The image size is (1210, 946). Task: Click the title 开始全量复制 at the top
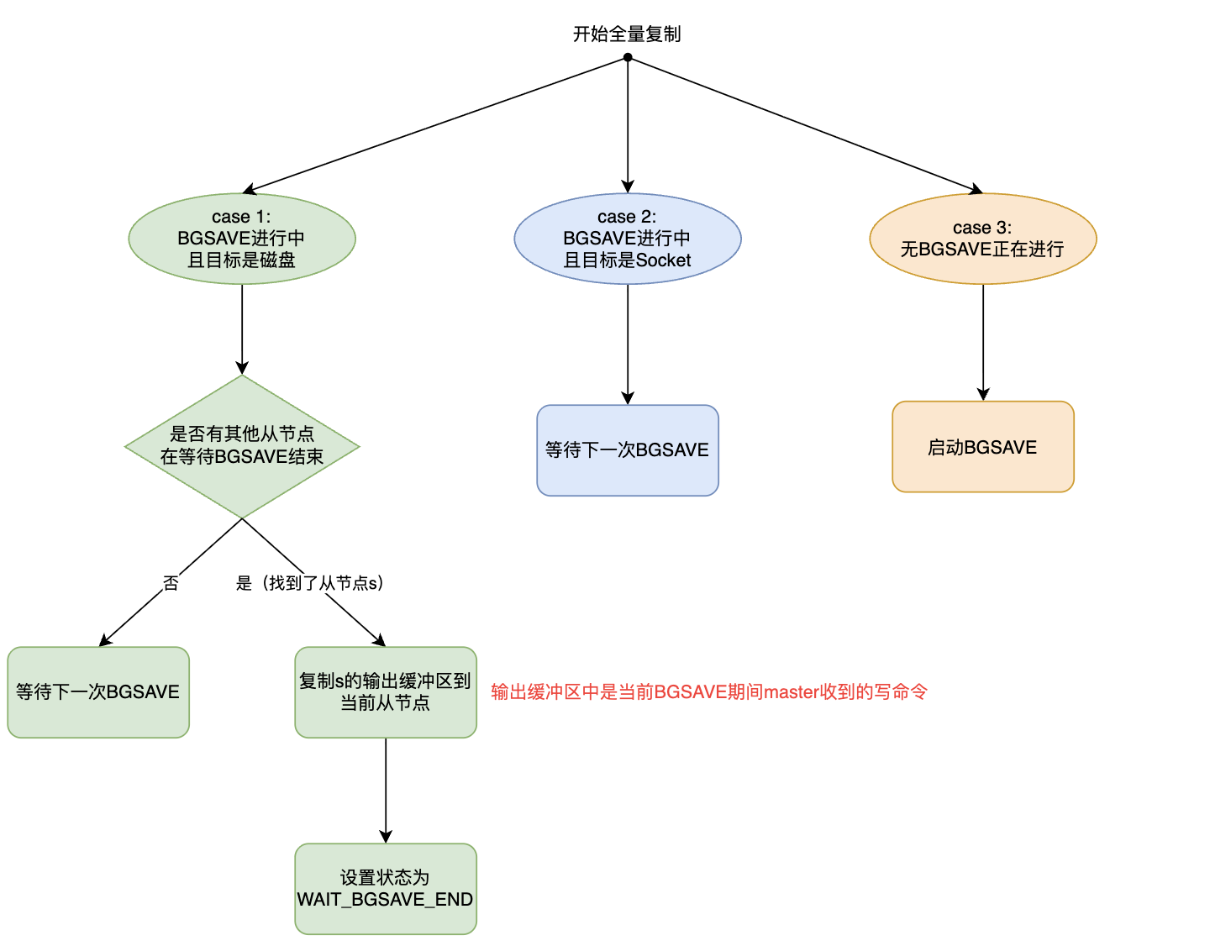point(627,34)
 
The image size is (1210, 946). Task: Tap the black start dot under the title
point(628,57)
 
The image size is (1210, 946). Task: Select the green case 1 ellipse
point(242,239)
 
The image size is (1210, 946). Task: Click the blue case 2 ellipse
point(628,239)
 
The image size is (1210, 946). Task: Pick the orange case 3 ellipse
point(983,239)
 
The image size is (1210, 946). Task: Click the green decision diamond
point(242,446)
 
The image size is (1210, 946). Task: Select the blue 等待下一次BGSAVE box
point(628,450)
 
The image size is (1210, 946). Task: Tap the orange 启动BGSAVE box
point(983,447)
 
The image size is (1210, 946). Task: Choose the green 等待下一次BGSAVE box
point(98,692)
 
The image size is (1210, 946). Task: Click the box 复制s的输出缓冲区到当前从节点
point(386,692)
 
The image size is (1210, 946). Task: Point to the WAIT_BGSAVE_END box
point(386,889)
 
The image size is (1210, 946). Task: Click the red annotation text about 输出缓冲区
point(709,692)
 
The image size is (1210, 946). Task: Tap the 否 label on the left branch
point(171,583)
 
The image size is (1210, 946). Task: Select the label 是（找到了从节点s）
point(310,583)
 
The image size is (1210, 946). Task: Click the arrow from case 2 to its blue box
point(628,344)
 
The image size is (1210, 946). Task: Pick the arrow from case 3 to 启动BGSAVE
point(983,343)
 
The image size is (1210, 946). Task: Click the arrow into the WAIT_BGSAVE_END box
point(386,791)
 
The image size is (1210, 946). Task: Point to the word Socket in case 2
point(664,260)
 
